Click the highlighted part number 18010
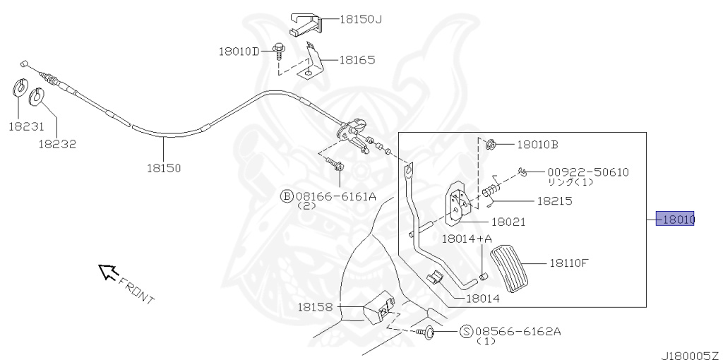point(676,220)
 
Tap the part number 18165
point(357,61)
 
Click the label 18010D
point(239,51)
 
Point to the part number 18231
point(26,126)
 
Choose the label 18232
point(57,143)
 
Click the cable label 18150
point(164,168)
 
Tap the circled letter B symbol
point(287,196)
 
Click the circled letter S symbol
point(466,331)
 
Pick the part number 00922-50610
point(588,172)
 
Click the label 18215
point(554,201)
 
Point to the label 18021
point(508,222)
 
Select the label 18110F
point(569,263)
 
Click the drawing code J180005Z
point(688,353)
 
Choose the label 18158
point(314,307)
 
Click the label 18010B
point(537,145)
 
